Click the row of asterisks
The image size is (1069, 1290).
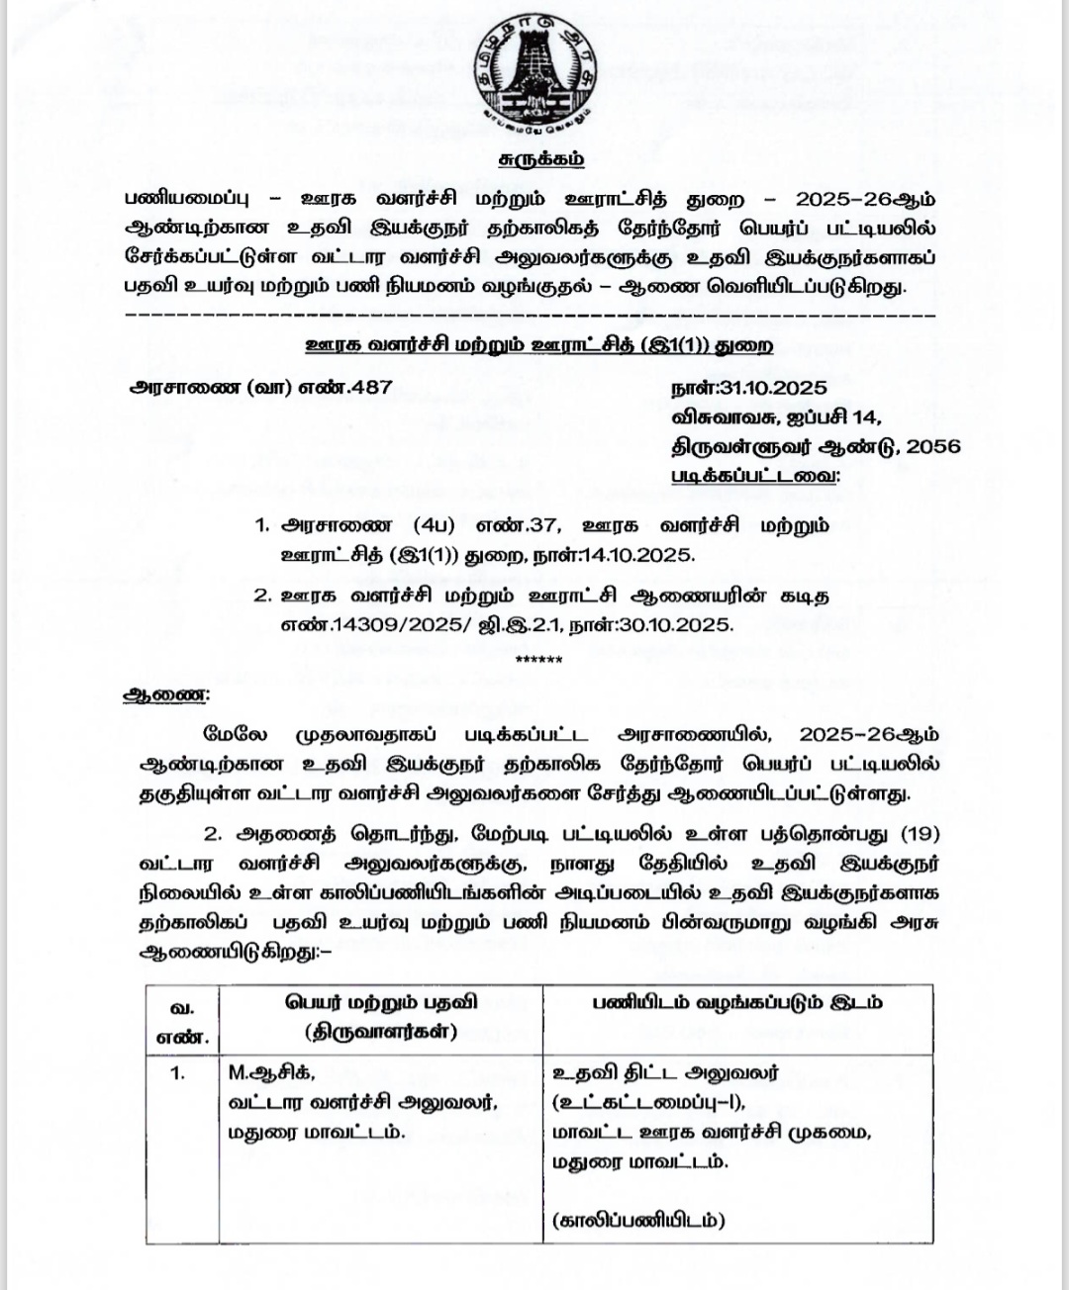coord(539,660)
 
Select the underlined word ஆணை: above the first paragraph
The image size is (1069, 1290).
coord(165,694)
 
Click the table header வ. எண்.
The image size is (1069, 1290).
coord(182,1021)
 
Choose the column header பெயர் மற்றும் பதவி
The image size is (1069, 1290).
coord(381,1001)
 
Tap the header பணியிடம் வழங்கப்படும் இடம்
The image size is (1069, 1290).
coord(737,1001)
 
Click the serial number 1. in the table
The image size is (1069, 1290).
coord(178,1072)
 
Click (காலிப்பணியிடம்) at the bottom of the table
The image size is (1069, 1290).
coord(637,1220)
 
